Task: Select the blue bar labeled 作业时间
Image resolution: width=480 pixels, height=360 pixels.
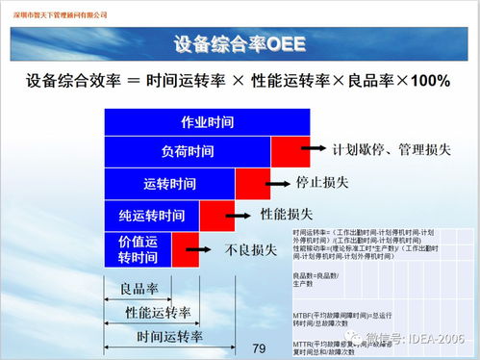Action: pyautogui.click(x=207, y=123)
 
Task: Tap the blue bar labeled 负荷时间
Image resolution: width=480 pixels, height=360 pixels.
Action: pyautogui.click(x=188, y=152)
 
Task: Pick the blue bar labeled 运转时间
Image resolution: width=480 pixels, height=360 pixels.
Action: pyautogui.click(x=169, y=183)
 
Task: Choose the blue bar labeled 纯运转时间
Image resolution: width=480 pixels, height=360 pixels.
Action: pyautogui.click(x=152, y=214)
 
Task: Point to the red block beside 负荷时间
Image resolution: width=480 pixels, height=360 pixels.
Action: pyautogui.click(x=290, y=152)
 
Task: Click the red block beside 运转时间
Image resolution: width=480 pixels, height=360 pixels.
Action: pyautogui.click(x=253, y=183)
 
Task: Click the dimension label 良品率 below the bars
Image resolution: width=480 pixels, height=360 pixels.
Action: pyautogui.click(x=138, y=288)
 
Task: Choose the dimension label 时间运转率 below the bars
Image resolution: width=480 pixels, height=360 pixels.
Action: pyautogui.click(x=169, y=336)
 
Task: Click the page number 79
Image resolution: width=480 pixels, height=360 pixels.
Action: pyautogui.click(x=257, y=347)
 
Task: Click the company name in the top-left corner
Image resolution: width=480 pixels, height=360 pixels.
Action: pyautogui.click(x=58, y=15)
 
